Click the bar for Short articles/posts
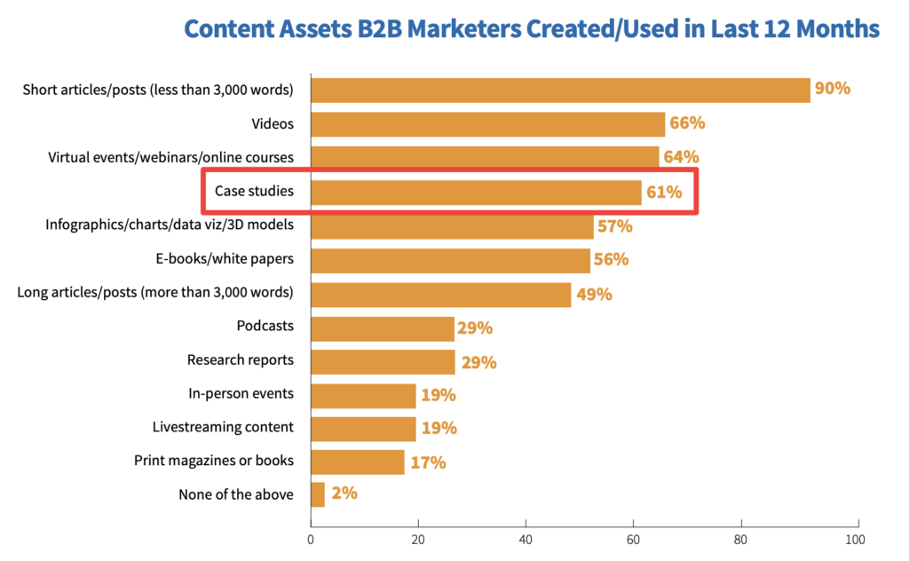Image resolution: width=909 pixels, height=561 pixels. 561,91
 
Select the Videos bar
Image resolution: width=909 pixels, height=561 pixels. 488,124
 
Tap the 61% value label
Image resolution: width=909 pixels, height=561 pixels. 664,192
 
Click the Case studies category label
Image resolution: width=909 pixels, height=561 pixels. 254,191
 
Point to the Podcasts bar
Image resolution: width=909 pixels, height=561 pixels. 383,328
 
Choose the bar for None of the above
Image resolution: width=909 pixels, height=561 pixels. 318,494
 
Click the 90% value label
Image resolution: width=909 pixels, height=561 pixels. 833,88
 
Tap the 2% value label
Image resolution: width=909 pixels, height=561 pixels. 344,494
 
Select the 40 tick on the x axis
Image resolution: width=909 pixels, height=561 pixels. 526,540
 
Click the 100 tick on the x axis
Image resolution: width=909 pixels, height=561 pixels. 855,540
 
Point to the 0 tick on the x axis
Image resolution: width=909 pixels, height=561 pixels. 311,540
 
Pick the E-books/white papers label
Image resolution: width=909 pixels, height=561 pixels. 225,258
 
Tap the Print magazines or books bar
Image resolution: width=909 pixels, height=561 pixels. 358,462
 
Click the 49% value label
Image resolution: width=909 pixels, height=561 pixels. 594,295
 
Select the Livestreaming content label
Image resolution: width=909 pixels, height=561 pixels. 223,427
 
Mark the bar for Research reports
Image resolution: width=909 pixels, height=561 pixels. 383,362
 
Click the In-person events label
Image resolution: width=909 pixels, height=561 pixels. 241,393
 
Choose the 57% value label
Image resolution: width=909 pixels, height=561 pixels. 615,226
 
